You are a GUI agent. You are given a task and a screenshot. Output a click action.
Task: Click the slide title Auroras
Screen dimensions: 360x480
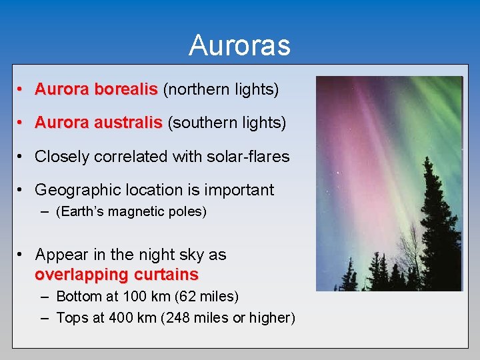239,45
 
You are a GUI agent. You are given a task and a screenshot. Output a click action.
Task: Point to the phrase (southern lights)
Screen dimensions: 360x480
227,123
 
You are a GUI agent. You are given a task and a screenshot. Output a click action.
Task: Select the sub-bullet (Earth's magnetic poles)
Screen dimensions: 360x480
131,212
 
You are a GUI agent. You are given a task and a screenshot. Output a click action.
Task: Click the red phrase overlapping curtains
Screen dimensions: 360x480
117,275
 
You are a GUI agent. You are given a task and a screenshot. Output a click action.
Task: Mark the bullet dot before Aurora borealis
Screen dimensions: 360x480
22,89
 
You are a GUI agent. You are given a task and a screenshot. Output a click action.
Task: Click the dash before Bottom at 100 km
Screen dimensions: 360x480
44,296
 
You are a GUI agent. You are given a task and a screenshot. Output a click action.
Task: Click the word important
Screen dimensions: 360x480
239,190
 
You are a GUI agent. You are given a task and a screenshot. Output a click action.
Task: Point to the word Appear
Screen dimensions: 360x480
60,255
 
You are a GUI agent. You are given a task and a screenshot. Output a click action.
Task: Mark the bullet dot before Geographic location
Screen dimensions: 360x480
22,190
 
